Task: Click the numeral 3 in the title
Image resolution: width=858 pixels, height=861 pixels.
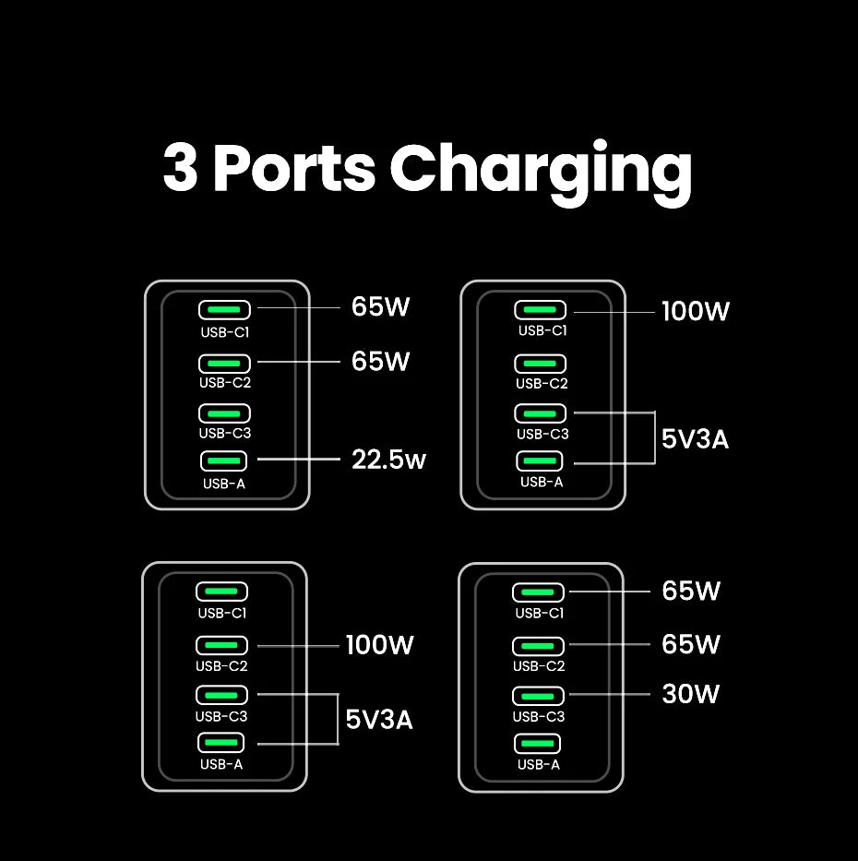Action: pos(181,170)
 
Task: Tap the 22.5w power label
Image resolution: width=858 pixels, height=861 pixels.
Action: pos(388,459)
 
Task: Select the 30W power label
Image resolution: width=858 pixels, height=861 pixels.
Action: pos(691,694)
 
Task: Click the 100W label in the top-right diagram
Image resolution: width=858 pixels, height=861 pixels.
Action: pos(696,312)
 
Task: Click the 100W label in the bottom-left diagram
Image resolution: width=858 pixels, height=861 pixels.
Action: pos(380,645)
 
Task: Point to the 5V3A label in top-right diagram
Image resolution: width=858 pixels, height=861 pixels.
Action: pos(696,439)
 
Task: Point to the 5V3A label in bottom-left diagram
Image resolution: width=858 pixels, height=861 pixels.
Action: pos(379,719)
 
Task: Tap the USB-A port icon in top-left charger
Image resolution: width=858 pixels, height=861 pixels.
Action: pos(223,460)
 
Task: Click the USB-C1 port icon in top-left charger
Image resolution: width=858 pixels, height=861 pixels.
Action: pos(223,310)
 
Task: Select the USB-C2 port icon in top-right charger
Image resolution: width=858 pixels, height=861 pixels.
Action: pos(541,363)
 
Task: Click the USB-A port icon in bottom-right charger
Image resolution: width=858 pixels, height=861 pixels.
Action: pos(538,744)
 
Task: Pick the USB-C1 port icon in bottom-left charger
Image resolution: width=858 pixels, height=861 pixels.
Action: pos(221,592)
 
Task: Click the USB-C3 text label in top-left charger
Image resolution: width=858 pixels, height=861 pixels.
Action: pos(224,433)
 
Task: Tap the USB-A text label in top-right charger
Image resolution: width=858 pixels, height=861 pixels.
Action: pos(541,482)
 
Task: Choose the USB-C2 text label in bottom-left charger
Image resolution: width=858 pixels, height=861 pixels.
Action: pos(221,665)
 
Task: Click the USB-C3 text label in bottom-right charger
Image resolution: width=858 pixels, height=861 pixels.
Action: pos(539,716)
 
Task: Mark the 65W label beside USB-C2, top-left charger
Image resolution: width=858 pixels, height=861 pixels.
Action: pos(380,362)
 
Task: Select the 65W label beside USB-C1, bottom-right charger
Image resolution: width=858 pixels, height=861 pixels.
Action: pos(691,592)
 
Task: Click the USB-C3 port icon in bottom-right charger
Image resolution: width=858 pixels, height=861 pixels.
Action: pos(538,695)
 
